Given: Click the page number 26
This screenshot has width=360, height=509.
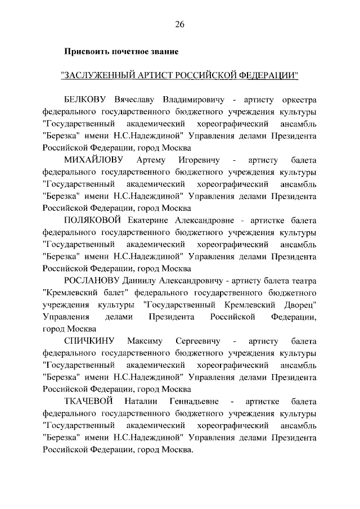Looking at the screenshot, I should [x=179, y=24].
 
